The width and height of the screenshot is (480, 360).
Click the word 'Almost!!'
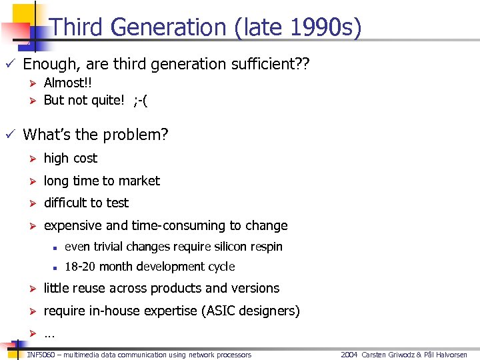67,83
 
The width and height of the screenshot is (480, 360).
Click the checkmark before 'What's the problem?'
8,135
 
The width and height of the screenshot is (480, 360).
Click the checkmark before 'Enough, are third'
8,64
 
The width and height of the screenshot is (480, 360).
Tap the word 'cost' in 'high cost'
85,158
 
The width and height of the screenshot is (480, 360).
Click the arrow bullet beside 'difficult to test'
31,203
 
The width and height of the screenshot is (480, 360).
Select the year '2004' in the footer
349,355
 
